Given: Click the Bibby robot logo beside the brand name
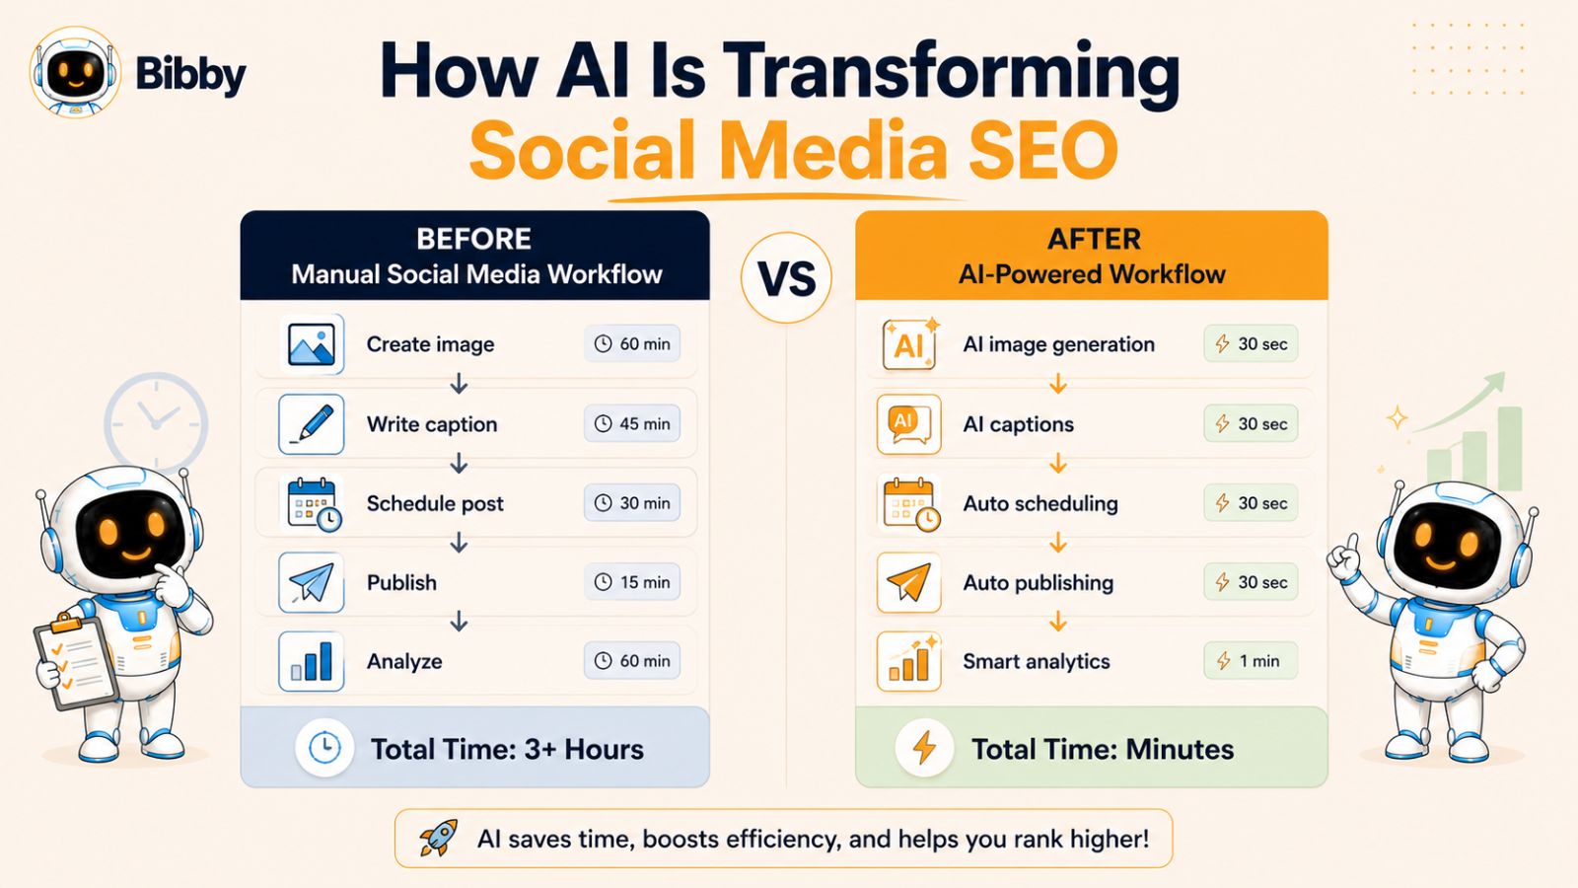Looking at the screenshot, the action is [75, 72].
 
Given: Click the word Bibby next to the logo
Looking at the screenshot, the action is [190, 74].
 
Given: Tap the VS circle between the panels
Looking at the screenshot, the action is [786, 277].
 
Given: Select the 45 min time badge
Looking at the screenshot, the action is [632, 423].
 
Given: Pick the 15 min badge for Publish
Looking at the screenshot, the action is [632, 582].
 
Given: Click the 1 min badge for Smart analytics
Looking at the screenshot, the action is [1251, 661].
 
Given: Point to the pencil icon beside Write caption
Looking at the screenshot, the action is [312, 424].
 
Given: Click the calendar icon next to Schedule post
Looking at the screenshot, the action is [313, 503].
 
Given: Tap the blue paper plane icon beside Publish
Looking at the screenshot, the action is [312, 583].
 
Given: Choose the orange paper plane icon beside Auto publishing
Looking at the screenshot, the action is [908, 583].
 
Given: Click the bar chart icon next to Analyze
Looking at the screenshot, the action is [312, 662].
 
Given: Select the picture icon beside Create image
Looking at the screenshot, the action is [312, 344].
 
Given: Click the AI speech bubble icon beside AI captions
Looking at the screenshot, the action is [908, 424].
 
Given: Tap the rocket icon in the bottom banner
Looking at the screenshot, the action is [438, 838].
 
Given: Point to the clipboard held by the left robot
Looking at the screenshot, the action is [75, 662].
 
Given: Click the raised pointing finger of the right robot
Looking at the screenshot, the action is [1352, 544].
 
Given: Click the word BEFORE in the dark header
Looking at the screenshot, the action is [474, 239].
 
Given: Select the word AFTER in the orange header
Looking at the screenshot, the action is [1094, 240].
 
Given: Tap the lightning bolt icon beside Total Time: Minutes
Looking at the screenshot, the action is [924, 748].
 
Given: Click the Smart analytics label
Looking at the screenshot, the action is [1037, 662].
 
